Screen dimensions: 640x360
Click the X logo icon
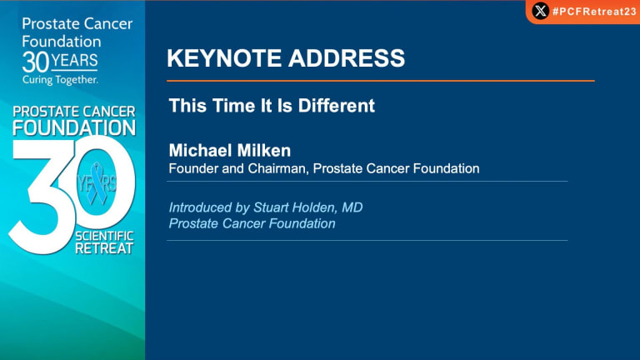coord(540,11)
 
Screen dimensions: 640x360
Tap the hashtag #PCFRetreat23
coord(594,12)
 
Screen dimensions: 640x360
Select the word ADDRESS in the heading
coord(347,58)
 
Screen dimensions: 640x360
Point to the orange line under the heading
coord(380,81)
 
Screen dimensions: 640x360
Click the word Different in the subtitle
coord(337,106)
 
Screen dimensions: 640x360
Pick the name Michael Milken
coord(230,151)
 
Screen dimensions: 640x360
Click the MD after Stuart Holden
coord(352,207)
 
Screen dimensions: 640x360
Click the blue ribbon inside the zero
coord(97,183)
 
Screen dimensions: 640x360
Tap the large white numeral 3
coord(42,197)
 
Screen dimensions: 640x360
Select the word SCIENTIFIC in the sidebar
coord(104,236)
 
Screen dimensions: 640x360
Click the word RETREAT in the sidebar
coord(104,248)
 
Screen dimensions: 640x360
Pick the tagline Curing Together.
coord(60,80)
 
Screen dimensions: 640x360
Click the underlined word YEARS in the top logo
coord(74,61)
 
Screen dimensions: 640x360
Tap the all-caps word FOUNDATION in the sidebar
coord(74,127)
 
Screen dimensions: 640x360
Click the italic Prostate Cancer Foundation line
coord(252,223)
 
